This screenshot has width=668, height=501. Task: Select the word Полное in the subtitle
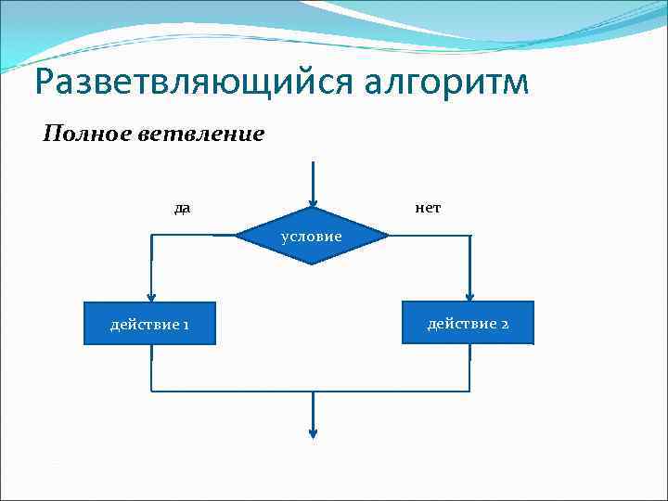tap(88, 135)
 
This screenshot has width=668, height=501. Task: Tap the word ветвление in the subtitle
tap(201, 135)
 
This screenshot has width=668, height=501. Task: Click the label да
tap(182, 208)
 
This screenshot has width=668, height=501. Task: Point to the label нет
tap(427, 208)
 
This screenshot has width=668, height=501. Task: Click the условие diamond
tap(312, 236)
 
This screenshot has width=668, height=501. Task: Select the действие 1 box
tap(149, 324)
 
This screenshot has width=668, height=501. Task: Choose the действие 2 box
tap(468, 323)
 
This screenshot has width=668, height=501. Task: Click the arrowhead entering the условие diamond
tap(314, 202)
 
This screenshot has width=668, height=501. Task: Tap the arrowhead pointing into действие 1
tap(150, 296)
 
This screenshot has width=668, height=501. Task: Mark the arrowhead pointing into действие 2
tap(469, 296)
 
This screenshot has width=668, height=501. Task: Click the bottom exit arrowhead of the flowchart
tap(314, 432)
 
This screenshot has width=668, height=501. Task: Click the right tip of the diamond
tap(387, 236)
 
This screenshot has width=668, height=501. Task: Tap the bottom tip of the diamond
tap(313, 264)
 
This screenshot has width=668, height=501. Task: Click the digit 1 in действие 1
tap(186, 325)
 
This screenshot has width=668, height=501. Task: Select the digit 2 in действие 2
tap(504, 324)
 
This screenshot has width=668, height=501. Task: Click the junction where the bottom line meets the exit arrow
tap(314, 391)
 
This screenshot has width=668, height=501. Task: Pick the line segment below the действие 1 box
tap(150, 367)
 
